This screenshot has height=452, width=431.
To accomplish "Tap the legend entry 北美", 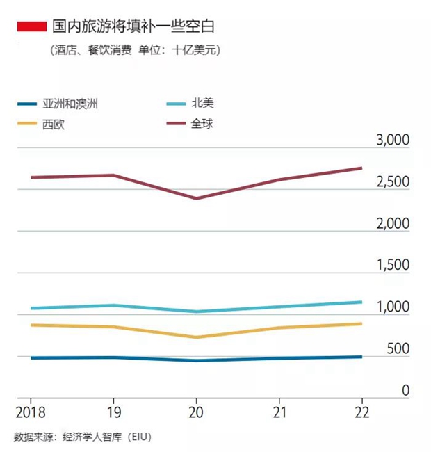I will click(x=202, y=104).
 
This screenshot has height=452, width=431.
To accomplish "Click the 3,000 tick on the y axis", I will click(x=393, y=140).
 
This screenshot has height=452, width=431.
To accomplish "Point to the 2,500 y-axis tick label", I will click(x=393, y=182).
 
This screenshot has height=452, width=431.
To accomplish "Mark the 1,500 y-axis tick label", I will click(x=393, y=266).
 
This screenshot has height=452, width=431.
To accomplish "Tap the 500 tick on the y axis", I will click(x=398, y=349).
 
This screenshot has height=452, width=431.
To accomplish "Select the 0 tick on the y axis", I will click(x=405, y=391).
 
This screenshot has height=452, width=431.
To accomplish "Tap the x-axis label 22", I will click(x=361, y=411).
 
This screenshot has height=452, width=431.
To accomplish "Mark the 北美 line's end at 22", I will click(x=361, y=302).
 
